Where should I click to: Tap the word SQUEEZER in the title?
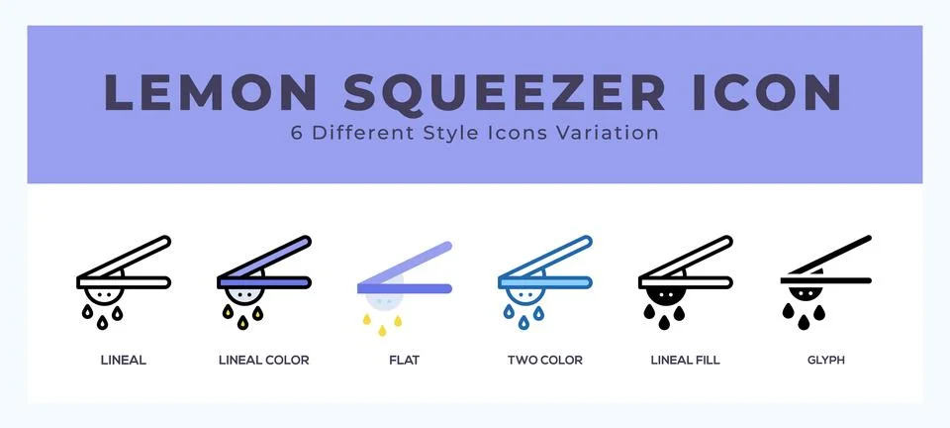pyautogui.click(x=505, y=92)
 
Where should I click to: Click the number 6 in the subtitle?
pyautogui.click(x=297, y=133)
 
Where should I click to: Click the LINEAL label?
pyautogui.click(x=124, y=361)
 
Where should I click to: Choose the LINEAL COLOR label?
pyautogui.click(x=263, y=361)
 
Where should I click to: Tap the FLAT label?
pyautogui.click(x=404, y=361)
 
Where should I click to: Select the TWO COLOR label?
pyautogui.click(x=544, y=361)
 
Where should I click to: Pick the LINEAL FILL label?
pyautogui.click(x=685, y=361)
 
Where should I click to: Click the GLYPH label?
pyautogui.click(x=825, y=361)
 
